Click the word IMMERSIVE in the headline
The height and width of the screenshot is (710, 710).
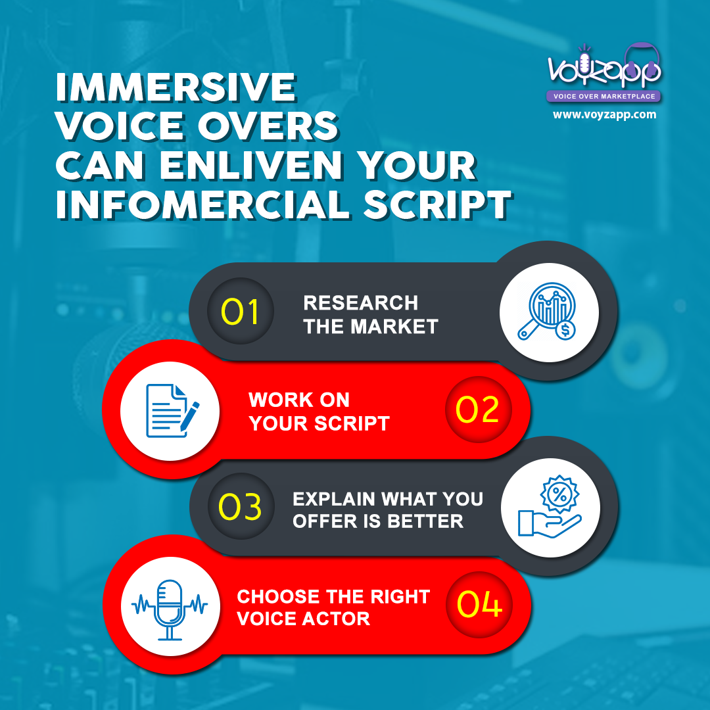click(176, 87)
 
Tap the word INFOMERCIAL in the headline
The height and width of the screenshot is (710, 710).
click(203, 204)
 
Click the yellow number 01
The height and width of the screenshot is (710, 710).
click(239, 312)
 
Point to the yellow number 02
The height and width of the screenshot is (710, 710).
click(477, 410)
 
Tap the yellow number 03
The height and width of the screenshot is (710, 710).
click(240, 506)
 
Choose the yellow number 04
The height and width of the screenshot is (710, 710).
click(479, 604)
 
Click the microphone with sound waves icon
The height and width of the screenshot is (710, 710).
click(170, 609)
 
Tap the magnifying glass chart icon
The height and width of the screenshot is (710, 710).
click(547, 312)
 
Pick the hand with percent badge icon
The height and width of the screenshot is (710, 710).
click(550, 506)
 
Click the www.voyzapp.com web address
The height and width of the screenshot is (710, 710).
click(605, 114)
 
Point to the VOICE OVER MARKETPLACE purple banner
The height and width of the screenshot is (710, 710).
click(603, 96)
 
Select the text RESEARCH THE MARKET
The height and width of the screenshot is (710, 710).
click(370, 315)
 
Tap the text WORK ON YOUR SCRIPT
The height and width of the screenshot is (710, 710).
click(319, 412)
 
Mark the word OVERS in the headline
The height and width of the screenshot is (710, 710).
click(268, 126)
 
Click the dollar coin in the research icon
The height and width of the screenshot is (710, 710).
click(565, 330)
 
